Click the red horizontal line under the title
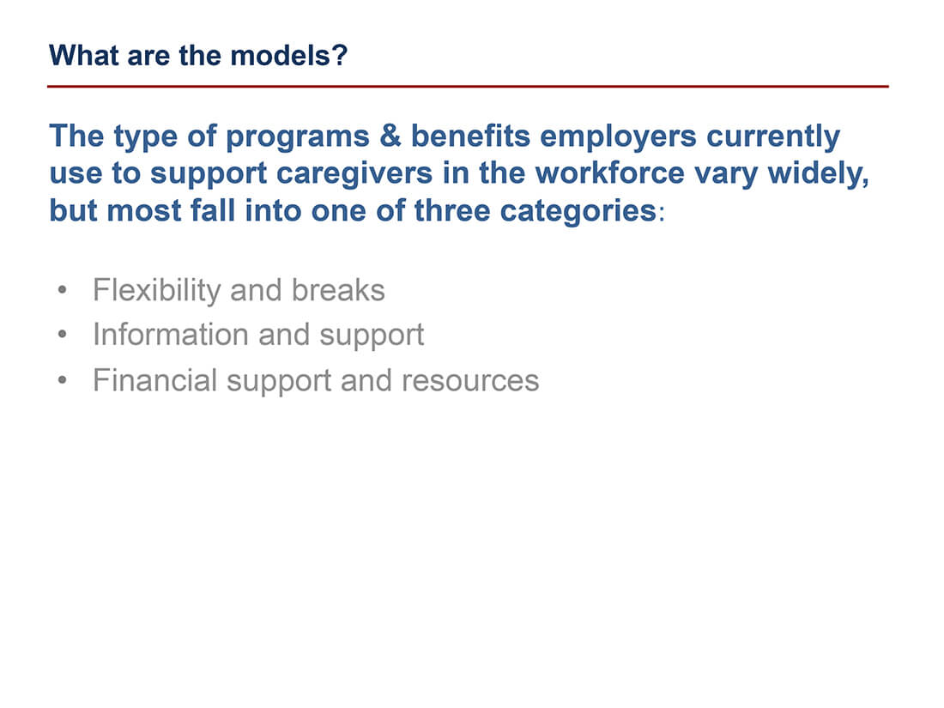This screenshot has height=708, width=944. (x=468, y=87)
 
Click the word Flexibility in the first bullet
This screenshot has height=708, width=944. (x=156, y=290)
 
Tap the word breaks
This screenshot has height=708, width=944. (x=338, y=290)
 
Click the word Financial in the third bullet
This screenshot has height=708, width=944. (x=154, y=379)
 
